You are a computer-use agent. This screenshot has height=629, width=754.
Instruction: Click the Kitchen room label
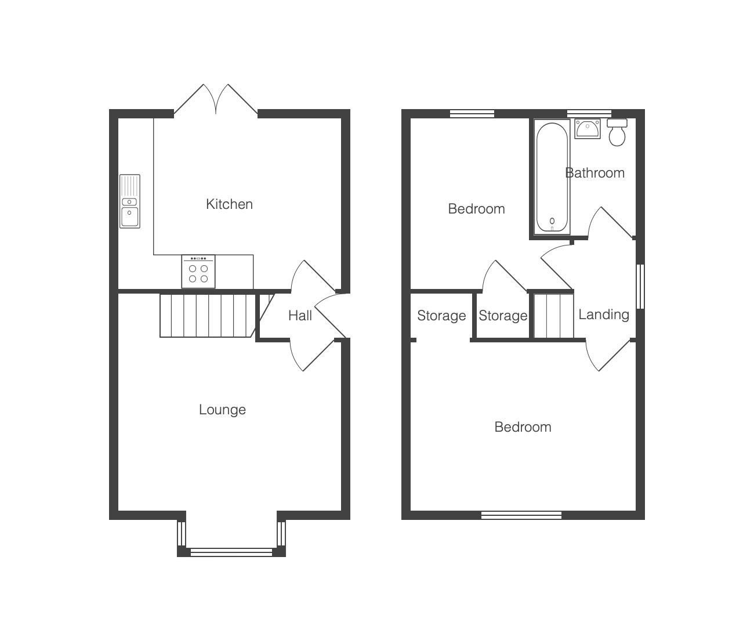229,204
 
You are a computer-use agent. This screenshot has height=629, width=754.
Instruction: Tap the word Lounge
223,410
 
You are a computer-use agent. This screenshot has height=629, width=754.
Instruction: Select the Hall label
300,316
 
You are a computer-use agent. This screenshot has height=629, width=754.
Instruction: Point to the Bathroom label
594,173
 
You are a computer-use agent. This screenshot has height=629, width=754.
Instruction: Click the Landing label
604,314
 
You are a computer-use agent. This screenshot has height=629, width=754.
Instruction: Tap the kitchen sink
130,201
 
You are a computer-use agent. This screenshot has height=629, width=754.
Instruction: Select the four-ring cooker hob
198,272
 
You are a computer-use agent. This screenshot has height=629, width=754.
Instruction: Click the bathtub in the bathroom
552,177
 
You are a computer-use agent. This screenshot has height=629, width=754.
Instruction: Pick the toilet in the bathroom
617,132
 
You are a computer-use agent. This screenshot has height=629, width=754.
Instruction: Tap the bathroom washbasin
588,129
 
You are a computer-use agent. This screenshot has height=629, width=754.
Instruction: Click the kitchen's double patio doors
216,99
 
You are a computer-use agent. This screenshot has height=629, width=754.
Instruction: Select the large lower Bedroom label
523,427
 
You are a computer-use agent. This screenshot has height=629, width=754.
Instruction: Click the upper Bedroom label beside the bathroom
476,209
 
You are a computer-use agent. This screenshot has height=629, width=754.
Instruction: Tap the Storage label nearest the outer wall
441,316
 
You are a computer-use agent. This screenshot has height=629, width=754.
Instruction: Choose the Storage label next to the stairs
503,316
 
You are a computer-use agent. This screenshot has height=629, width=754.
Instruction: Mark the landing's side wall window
640,287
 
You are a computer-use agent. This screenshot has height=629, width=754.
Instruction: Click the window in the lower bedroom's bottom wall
521,515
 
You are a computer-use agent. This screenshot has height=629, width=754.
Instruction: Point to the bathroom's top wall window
589,114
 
